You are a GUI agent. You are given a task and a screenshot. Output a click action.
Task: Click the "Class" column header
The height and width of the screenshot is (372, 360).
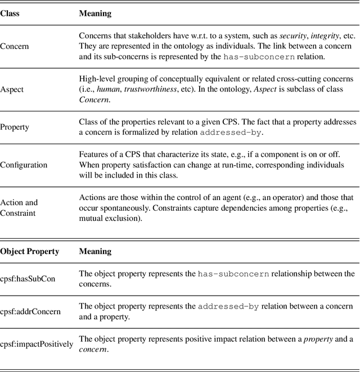click(10, 13)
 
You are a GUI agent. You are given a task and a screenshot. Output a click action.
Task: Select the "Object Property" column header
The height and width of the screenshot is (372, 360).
click(29, 252)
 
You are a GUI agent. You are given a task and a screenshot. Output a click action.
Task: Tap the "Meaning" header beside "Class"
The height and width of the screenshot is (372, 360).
click(95, 13)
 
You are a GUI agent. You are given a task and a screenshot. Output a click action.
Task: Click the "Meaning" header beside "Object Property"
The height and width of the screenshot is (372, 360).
click(95, 252)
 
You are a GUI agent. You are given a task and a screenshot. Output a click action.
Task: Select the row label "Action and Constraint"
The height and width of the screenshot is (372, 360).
click(19, 208)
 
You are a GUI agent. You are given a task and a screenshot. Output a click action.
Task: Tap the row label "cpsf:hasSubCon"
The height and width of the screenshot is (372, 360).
click(28, 279)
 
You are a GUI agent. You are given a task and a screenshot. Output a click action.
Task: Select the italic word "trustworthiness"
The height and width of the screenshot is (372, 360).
click(148, 90)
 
